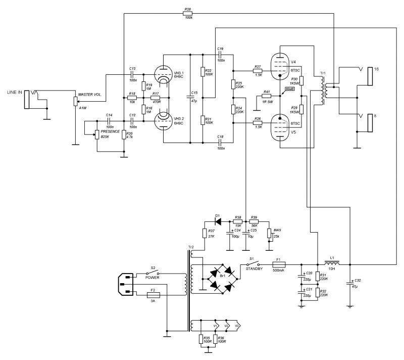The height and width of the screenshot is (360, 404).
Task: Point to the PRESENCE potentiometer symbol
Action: tap(96, 134)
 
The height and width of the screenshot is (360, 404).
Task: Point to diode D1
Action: tap(218, 221)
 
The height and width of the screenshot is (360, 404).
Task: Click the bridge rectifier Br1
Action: tap(220, 278)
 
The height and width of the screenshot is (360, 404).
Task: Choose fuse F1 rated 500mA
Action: tap(279, 264)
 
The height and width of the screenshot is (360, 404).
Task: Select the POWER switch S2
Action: tap(152, 274)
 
